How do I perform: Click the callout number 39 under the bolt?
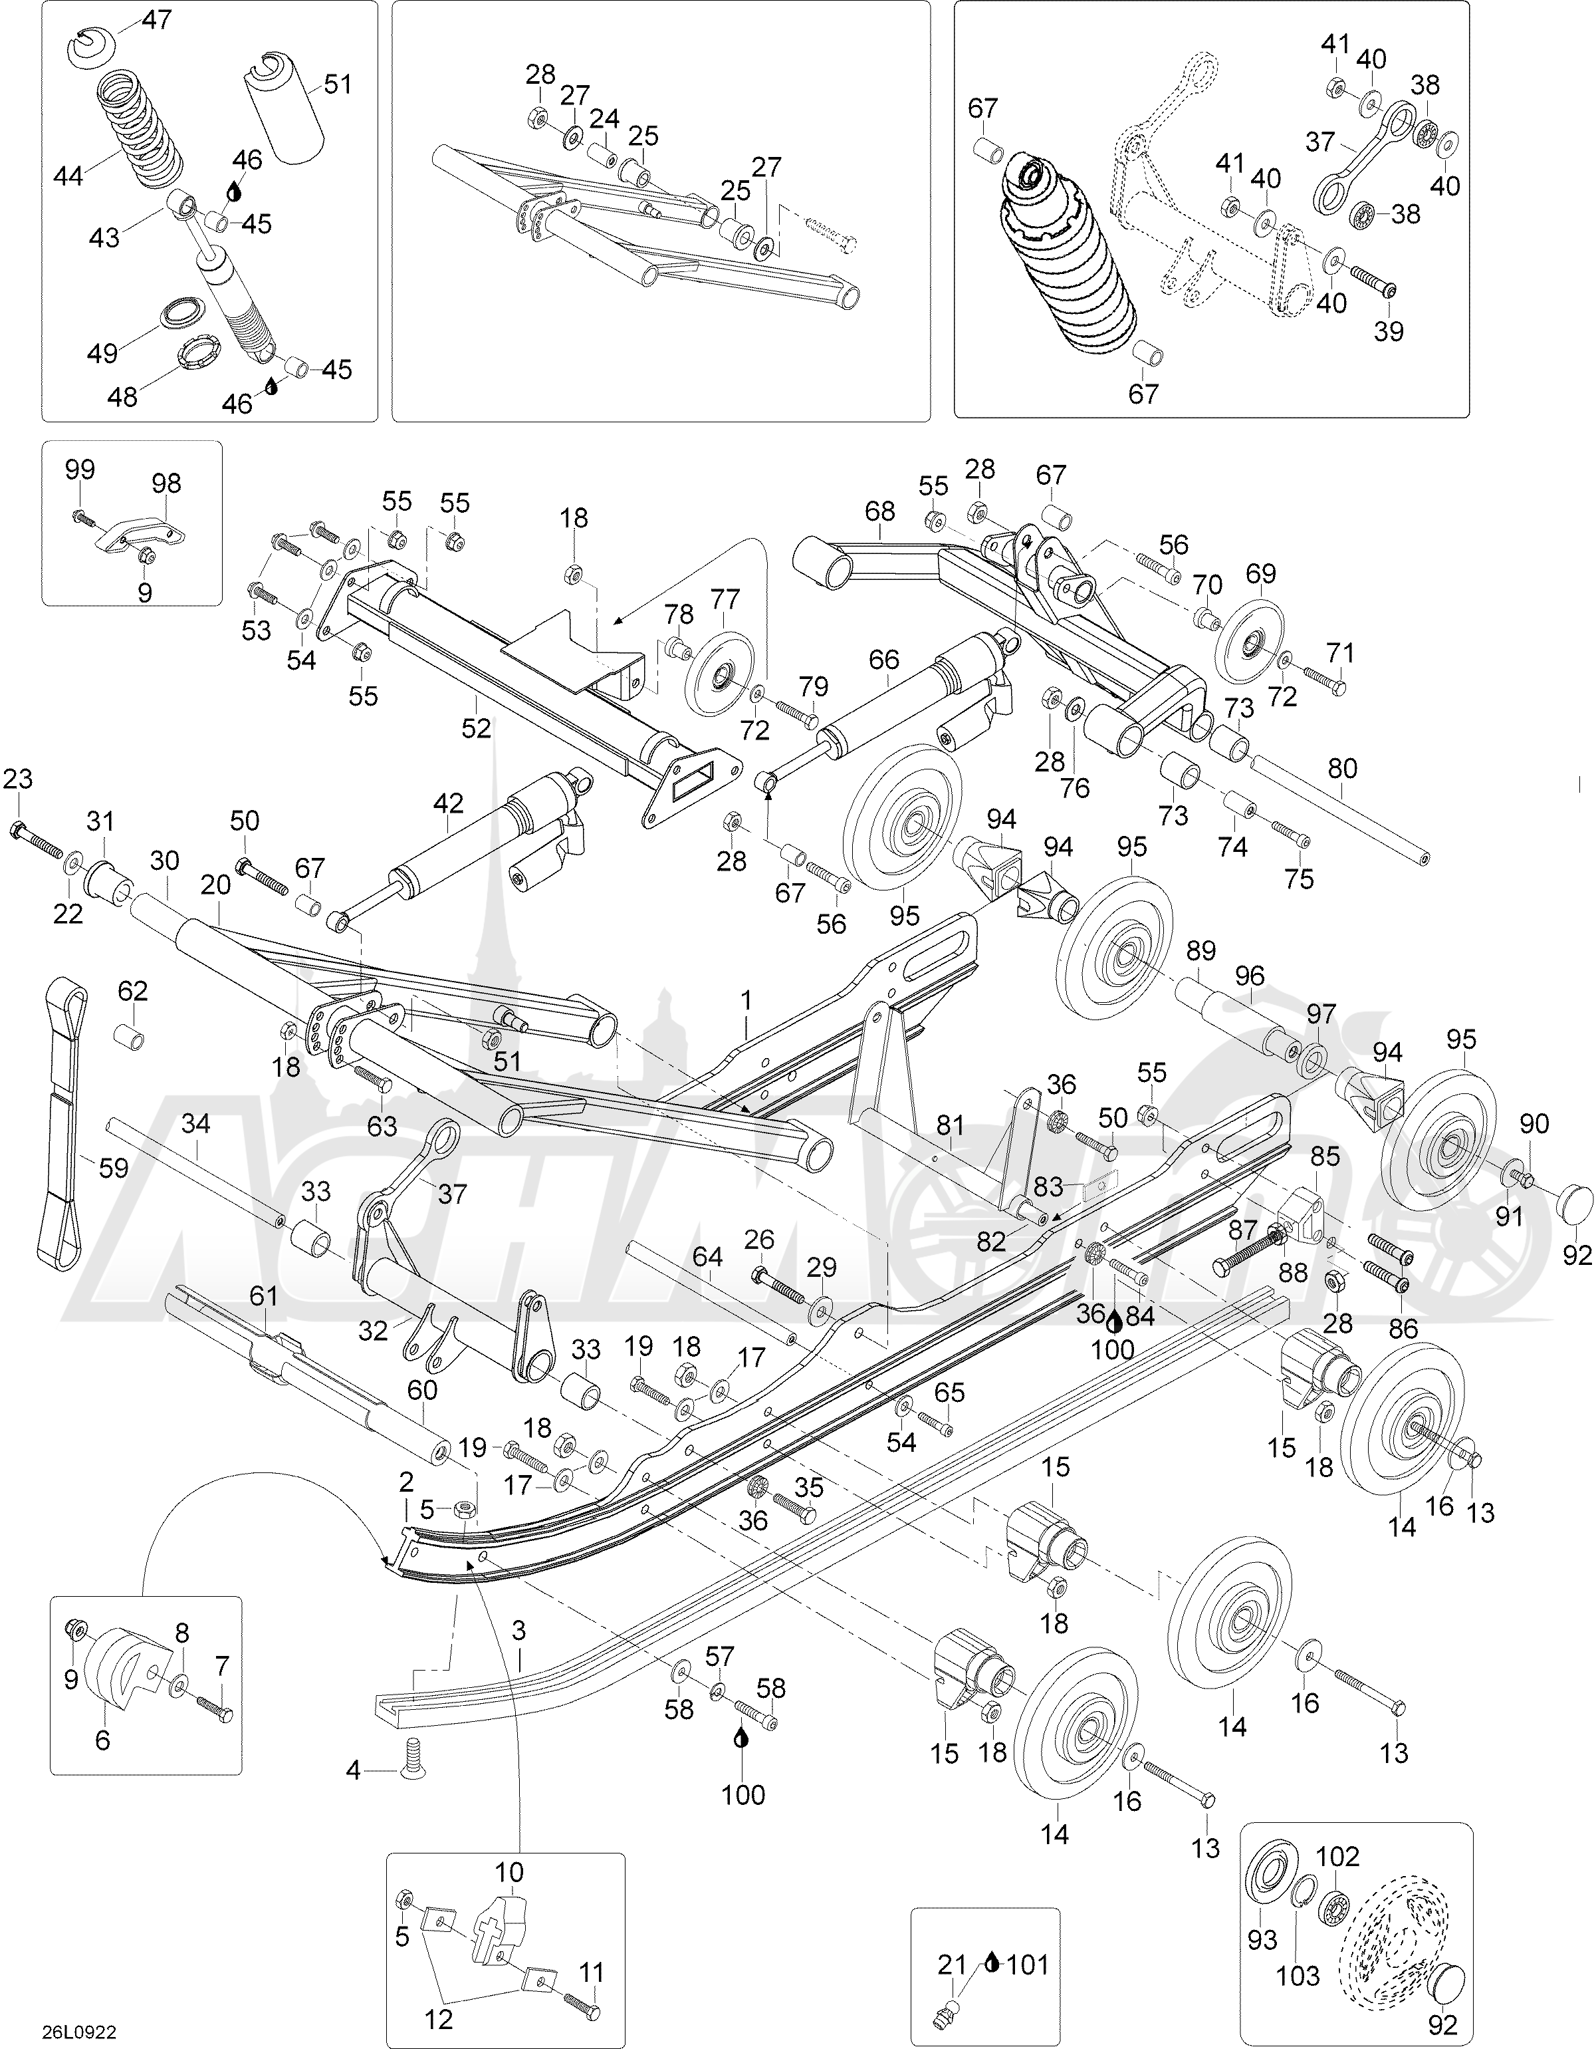pyautogui.click(x=1388, y=331)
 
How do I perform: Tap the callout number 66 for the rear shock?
pyautogui.click(x=883, y=660)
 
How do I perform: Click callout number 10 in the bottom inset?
pyautogui.click(x=509, y=1873)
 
